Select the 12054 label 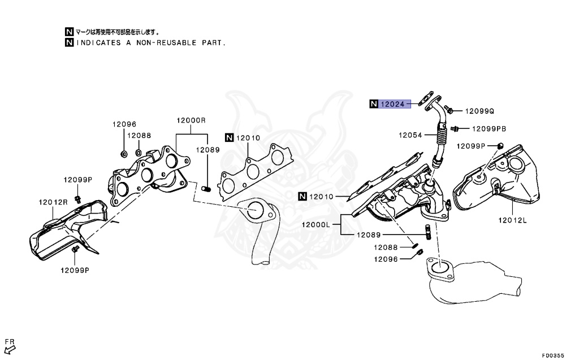411,135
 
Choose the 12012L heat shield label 512,220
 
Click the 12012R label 53,202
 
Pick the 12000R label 191,120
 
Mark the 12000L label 316,224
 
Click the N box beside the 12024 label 373,104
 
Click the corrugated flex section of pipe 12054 441,136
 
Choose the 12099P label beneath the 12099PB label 471,146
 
